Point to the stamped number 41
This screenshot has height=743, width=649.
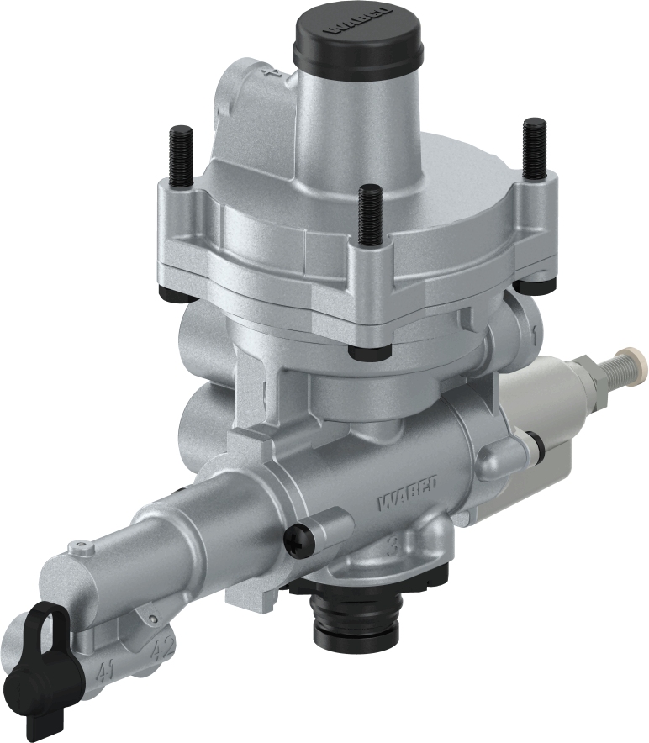point(105,672)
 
